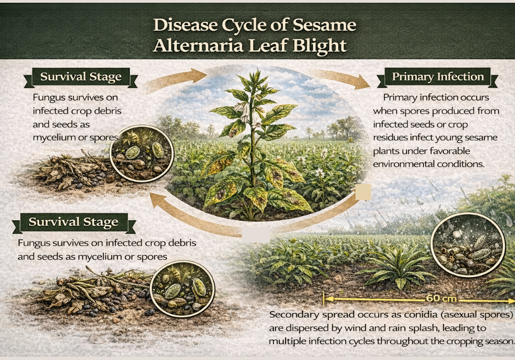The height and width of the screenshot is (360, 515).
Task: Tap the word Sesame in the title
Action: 325,25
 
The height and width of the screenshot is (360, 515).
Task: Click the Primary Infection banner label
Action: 438,77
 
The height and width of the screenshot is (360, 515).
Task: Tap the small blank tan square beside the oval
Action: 363,192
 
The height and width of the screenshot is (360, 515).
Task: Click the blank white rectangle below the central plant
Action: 256,234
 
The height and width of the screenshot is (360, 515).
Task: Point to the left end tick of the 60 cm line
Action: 324,300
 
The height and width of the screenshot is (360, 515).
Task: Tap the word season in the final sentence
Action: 496,341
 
